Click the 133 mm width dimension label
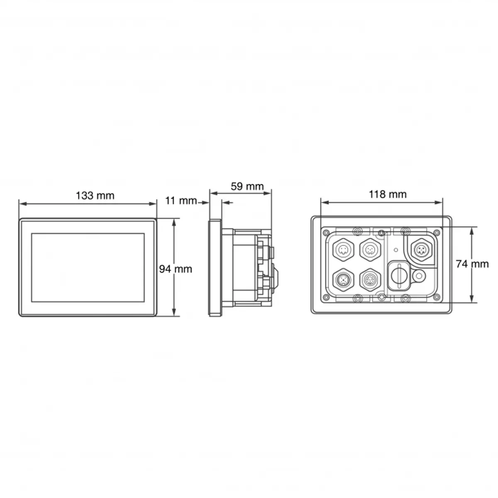(95, 195)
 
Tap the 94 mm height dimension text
(176, 269)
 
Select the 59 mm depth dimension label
(247, 186)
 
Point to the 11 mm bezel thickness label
(181, 200)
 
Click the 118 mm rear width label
(387, 194)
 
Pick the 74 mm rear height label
(472, 264)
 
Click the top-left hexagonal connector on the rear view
(342, 250)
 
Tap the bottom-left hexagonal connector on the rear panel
(342, 280)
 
